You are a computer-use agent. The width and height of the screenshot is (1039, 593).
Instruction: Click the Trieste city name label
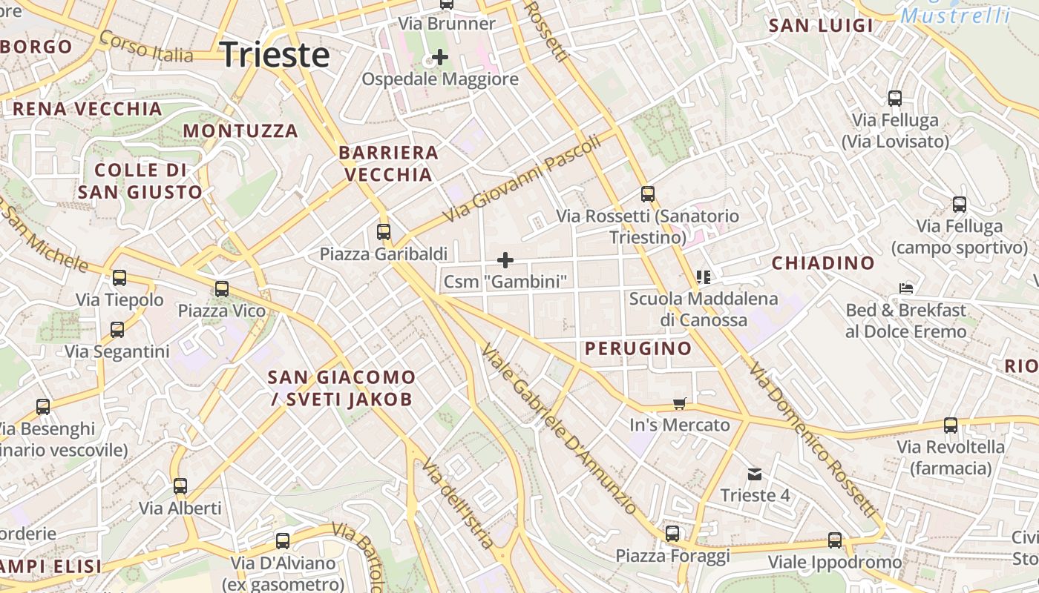275,56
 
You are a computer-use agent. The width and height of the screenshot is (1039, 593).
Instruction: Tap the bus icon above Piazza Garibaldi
384,232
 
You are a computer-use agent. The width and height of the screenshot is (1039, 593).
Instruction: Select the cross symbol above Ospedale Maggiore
440,56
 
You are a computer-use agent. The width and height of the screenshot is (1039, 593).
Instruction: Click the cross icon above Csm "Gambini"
505,259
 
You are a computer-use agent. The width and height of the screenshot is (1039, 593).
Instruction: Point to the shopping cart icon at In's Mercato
679,403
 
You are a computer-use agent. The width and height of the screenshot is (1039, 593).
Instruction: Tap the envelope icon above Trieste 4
755,474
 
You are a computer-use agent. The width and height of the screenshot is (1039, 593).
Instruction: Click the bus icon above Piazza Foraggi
672,534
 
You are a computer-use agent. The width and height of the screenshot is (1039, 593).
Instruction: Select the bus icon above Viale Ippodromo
835,540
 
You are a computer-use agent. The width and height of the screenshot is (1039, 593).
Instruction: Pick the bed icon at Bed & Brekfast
905,288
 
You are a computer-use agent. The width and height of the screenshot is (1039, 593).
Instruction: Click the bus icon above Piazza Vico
222,289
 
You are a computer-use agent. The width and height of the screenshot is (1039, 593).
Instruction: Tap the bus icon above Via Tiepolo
119,278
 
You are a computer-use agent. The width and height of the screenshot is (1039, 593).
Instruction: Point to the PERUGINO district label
638,348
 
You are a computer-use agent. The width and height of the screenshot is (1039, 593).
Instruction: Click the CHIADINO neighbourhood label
823,263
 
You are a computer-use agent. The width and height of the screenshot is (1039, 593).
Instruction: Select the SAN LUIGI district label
821,26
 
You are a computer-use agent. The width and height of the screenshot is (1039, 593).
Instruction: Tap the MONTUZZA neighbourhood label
240,131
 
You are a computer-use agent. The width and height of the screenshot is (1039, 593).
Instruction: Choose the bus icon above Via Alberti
180,487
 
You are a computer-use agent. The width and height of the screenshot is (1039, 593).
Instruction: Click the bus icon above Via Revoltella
951,425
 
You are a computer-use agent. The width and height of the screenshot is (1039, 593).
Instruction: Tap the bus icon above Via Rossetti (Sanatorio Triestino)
648,194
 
